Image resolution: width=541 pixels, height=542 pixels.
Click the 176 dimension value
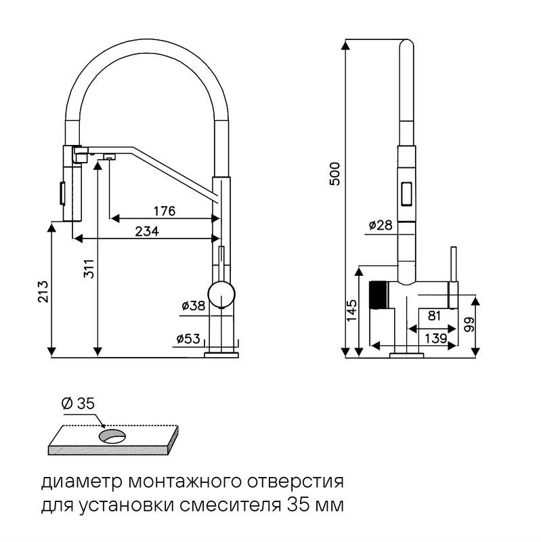(x=164, y=211)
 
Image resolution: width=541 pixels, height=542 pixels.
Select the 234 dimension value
(x=147, y=231)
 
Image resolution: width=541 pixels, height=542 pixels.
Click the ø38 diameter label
(x=193, y=306)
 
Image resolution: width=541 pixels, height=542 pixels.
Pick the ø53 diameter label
(x=189, y=338)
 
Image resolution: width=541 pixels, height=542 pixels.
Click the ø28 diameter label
(x=381, y=226)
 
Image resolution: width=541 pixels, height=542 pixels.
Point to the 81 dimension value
(x=433, y=316)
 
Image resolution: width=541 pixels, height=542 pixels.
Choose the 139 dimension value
(x=433, y=337)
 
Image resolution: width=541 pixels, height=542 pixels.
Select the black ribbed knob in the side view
(x=378, y=295)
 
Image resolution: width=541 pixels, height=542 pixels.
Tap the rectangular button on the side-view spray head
(x=408, y=193)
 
